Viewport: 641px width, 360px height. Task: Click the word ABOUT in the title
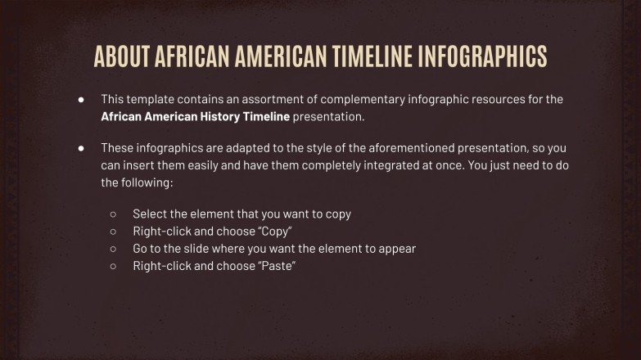coord(122,56)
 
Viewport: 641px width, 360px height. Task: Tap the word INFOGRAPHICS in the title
coord(482,56)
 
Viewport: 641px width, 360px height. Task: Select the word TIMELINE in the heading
coord(371,56)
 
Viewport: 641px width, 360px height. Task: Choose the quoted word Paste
coord(276,266)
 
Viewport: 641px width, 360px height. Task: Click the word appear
coord(397,249)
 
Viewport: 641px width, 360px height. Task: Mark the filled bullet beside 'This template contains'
coord(82,99)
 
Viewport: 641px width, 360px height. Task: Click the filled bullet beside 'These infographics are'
coord(82,148)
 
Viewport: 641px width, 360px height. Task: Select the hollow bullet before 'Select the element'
coord(113,214)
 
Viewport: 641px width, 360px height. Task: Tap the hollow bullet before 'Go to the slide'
coord(113,249)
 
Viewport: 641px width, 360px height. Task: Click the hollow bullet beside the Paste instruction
coord(113,266)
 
